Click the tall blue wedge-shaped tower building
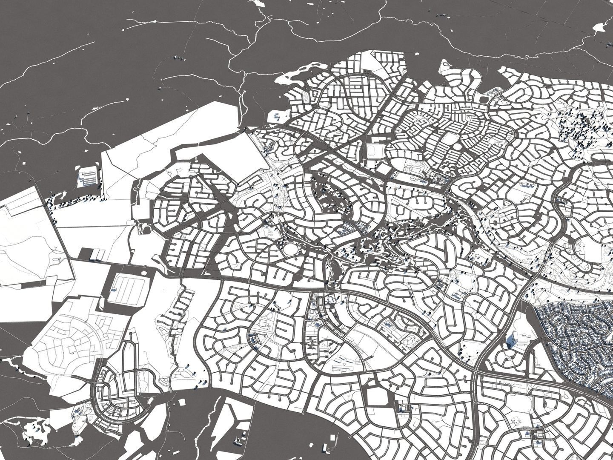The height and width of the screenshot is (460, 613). coord(511,341)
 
